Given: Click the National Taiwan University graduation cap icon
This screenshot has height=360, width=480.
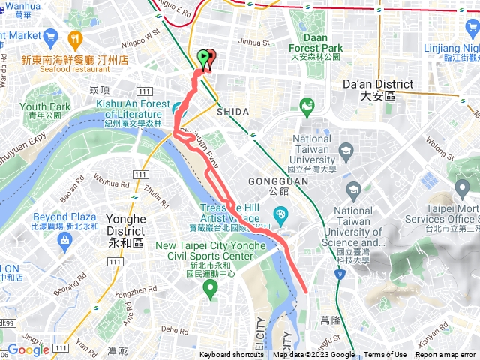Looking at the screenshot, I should pos(346,153).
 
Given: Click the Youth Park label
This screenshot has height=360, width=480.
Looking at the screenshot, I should pos(45,111).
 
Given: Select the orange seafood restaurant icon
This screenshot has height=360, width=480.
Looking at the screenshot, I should pos(75,38).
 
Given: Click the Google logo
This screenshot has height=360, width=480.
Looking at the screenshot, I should pos(28,349).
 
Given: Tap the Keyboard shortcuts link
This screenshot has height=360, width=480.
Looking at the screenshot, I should pos(231,355).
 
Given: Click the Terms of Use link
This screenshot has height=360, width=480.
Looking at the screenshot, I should pos(385,355).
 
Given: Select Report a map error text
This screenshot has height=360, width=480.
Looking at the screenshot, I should pos(445,355).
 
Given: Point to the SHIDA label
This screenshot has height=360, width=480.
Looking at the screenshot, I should pos(232,111).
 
